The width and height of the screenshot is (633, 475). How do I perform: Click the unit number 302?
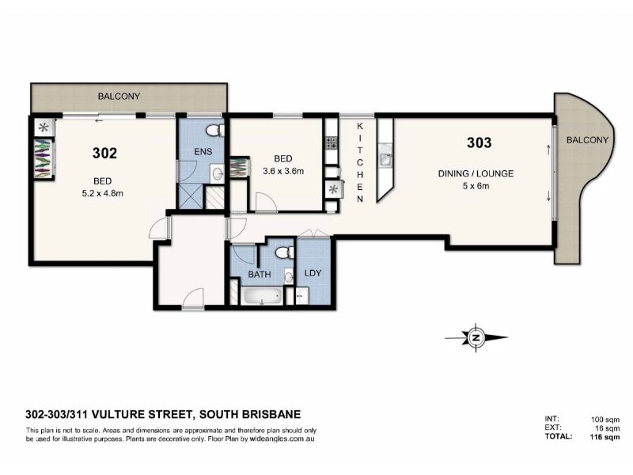(x=104, y=153)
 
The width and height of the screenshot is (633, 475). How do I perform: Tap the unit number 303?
(x=479, y=142)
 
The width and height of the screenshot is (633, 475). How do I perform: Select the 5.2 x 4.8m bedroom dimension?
(x=103, y=193)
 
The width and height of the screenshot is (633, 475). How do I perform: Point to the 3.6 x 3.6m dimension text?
(x=283, y=171)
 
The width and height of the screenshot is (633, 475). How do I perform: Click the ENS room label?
(x=203, y=152)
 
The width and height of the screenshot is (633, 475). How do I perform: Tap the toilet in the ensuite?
(x=214, y=130)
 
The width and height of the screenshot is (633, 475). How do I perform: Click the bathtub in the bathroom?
(x=262, y=296)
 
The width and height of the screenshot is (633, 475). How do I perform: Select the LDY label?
(x=313, y=273)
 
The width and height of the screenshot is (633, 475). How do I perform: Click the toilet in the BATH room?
(x=285, y=253)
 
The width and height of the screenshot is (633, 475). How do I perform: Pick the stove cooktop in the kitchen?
(x=332, y=142)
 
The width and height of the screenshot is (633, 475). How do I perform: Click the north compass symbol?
(x=476, y=338)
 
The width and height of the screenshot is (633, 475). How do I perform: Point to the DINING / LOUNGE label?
(x=476, y=173)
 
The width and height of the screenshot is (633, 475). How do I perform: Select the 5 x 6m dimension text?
(x=476, y=186)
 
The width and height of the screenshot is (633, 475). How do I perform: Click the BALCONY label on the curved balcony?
(x=587, y=140)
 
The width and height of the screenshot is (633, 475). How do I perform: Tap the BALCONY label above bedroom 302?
(x=119, y=96)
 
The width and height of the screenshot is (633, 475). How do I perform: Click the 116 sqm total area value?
(x=605, y=437)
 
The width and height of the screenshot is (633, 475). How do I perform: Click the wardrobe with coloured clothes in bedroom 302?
(x=44, y=158)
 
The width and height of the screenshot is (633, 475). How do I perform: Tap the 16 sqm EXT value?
(x=608, y=428)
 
